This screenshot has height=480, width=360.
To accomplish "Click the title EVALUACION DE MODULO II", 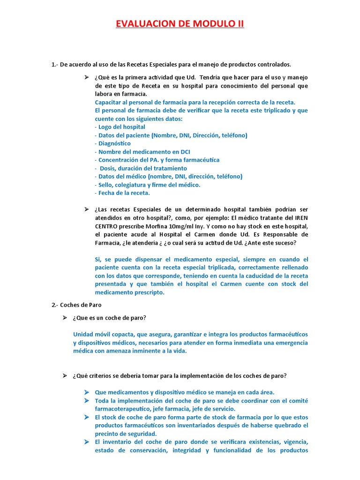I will (x=180, y=23).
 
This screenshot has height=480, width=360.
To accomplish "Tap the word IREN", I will (x=300, y=217).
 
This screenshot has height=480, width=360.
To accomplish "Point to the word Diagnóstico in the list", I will (x=114, y=143).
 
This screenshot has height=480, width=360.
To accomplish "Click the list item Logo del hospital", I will (x=120, y=127).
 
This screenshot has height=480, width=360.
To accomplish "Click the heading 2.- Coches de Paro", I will (x=76, y=305).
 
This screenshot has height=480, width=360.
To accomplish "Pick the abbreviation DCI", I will (x=184, y=152).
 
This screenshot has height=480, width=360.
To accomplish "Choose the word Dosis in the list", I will (x=109, y=168).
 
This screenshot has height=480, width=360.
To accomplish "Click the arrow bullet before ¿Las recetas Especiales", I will (x=86, y=209).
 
